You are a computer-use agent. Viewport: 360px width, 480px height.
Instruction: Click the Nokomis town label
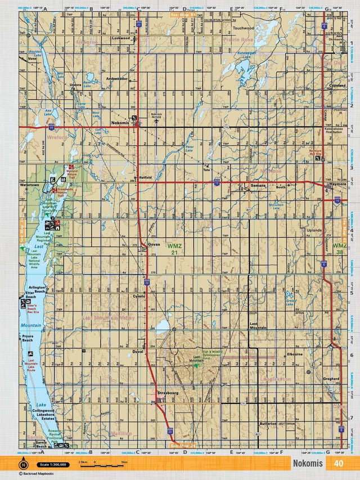coord(120,122)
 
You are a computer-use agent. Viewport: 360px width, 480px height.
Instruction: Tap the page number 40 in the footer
coord(338,464)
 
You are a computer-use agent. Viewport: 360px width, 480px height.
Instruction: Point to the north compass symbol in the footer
coord(23,464)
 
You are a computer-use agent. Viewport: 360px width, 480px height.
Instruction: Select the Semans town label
coord(258,186)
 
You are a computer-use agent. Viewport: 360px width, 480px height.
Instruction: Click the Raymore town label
coord(338,184)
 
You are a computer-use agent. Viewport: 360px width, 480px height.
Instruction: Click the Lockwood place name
coord(120,38)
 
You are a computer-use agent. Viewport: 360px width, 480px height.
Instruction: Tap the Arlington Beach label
coord(37,289)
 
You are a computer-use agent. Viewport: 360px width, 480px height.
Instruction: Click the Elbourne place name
coord(295,354)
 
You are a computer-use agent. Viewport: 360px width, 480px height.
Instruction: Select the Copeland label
coord(337,86)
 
